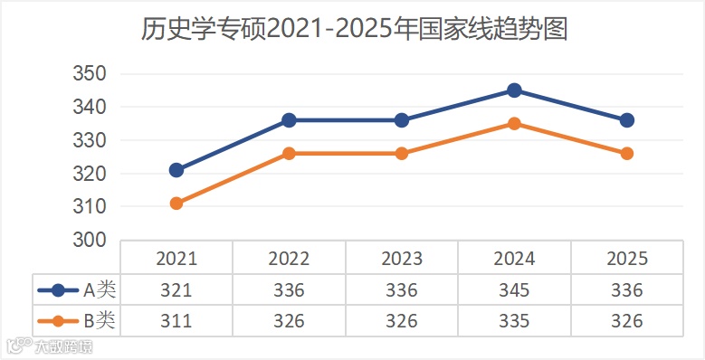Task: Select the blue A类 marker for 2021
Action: pos(176,170)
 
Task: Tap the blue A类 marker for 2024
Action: pos(514,90)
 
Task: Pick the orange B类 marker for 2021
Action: pos(176,204)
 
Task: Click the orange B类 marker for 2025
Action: pos(627,154)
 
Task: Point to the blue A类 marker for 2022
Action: pos(289,120)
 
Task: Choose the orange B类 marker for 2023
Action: pos(402,154)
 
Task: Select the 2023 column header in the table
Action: pos(402,259)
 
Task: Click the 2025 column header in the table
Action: pos(627,259)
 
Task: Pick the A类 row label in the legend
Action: pos(100,290)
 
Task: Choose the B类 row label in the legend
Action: pos(100,320)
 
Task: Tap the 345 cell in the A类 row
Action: pos(514,290)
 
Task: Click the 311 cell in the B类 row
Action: pos(176,321)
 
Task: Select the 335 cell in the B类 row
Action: pos(514,321)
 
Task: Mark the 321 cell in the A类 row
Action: pos(176,290)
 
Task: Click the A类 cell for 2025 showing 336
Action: pos(627,290)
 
